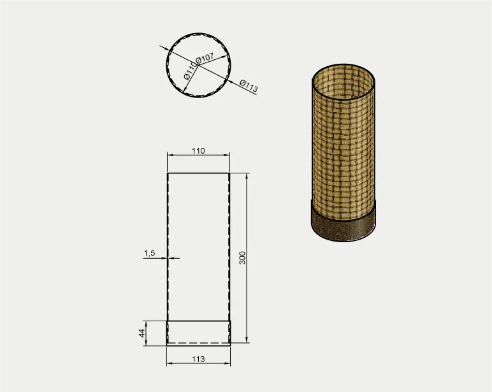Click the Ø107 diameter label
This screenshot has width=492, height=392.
[x=205, y=58]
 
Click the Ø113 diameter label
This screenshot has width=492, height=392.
[x=249, y=86]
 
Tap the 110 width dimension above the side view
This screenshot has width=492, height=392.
[x=198, y=151]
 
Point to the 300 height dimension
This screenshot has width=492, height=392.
[x=243, y=258]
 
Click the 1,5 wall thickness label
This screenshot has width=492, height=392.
[x=150, y=253]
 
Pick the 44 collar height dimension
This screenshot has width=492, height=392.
[x=142, y=333]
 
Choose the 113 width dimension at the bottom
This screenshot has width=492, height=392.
[x=198, y=359]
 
